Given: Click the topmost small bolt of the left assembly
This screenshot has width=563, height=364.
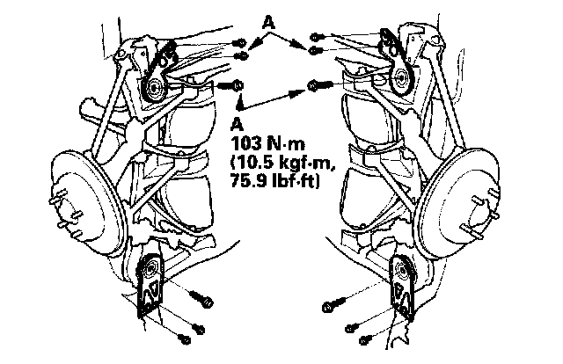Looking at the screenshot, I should [240, 43].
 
